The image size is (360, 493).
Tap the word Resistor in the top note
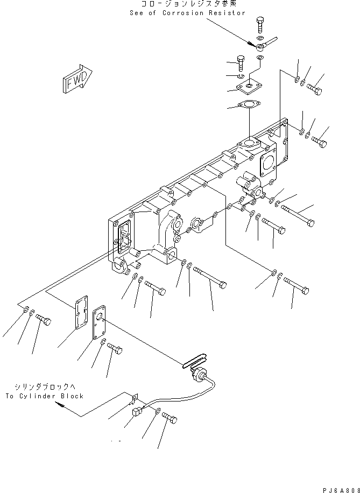click(x=227, y=13)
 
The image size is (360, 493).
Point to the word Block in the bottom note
click(x=72, y=396)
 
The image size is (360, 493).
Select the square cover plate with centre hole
click(x=250, y=87)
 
